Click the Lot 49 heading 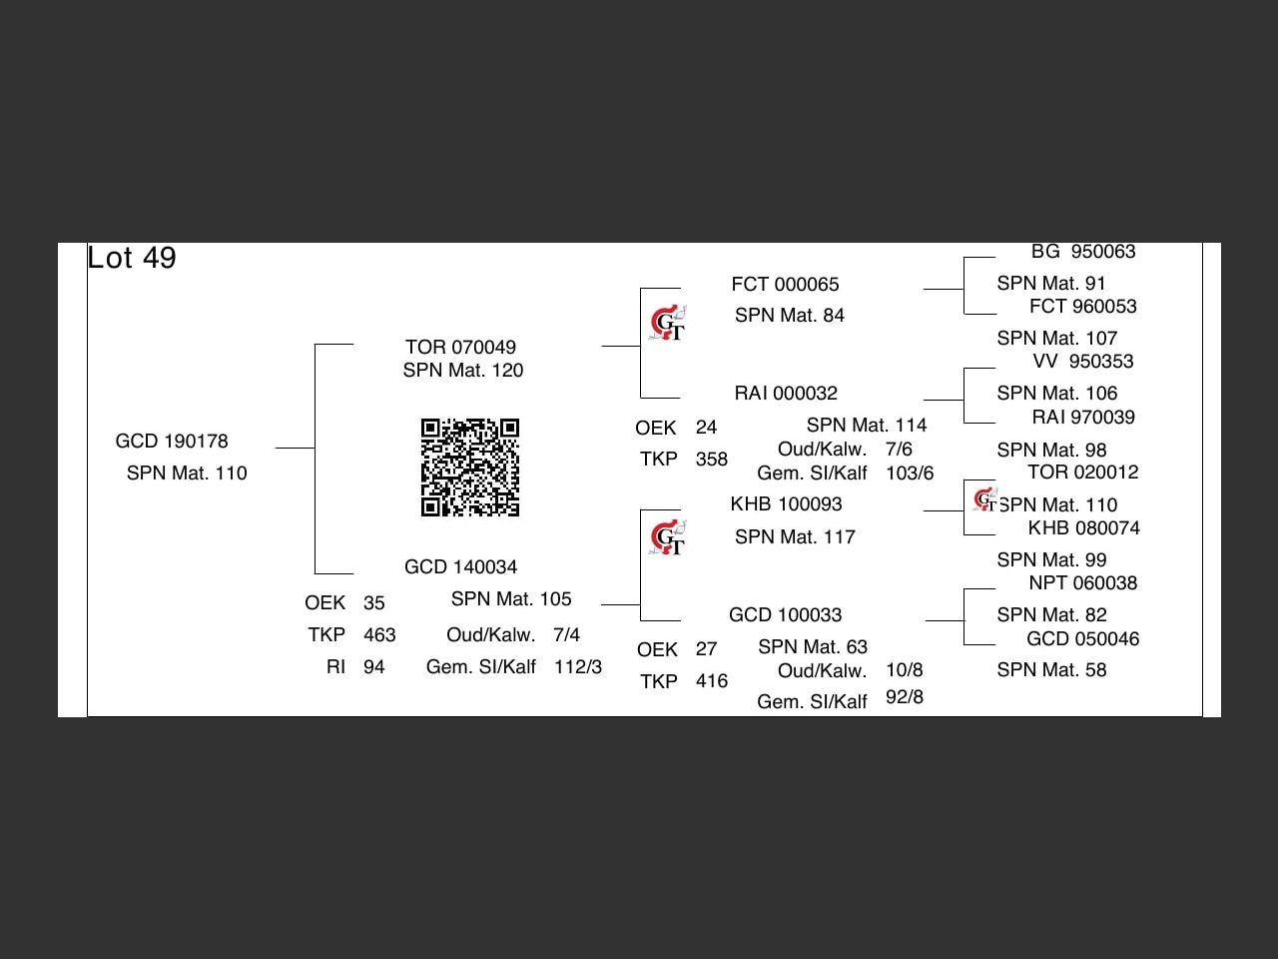point(132,258)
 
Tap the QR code point(470,468)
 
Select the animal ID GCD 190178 point(172,442)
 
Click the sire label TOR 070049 point(460,348)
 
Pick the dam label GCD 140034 point(460,567)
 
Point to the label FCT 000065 point(785,285)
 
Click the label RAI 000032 point(786,394)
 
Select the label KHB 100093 point(786,504)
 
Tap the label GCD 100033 point(785,615)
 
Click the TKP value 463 point(379,635)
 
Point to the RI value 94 point(373,667)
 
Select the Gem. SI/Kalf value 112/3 point(578,667)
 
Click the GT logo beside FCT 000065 point(668,324)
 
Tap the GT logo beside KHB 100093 point(668,538)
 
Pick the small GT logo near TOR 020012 point(984,498)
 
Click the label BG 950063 point(1083,252)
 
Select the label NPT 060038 point(1083,583)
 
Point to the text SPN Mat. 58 point(1051,670)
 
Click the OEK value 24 point(706,428)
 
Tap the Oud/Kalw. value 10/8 point(904,670)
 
